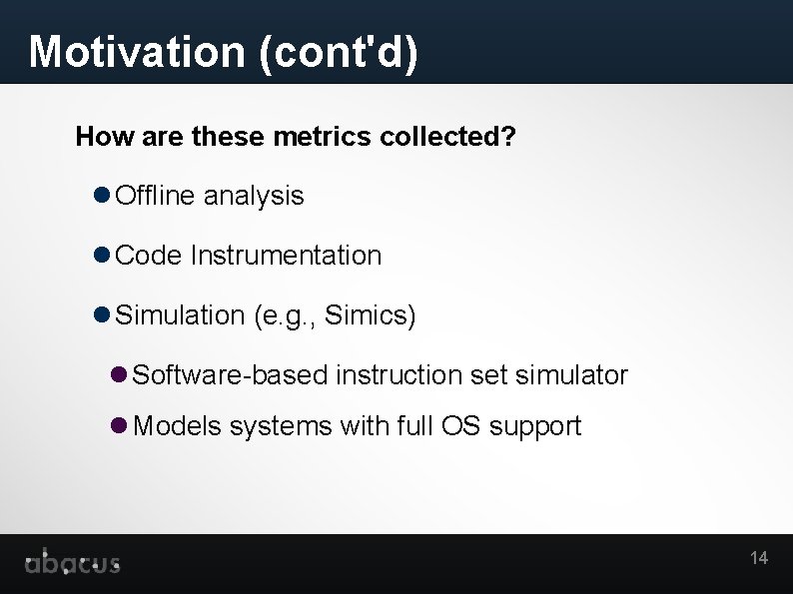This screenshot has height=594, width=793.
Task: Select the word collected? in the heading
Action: coord(447,136)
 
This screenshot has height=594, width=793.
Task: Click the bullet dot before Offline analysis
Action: coord(102,196)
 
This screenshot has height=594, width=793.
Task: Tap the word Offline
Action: coord(156,196)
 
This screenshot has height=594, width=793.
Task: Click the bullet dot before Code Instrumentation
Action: coord(102,256)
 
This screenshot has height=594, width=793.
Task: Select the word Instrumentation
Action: coord(286,256)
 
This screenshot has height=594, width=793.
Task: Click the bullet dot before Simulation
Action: coord(102,315)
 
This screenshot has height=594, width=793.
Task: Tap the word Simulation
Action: coord(180,315)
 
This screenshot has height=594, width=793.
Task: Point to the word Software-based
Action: coord(230,375)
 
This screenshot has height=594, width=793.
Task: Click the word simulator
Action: coord(571,375)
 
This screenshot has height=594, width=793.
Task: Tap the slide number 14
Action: coord(759,558)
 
